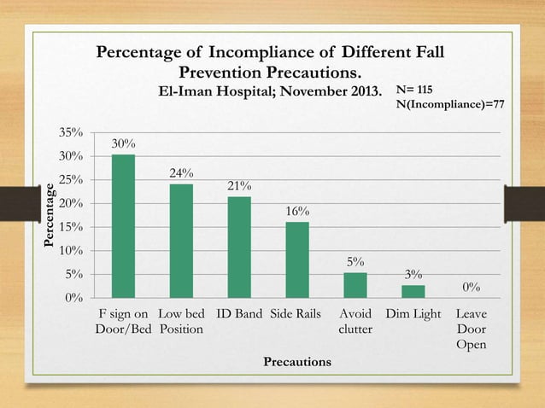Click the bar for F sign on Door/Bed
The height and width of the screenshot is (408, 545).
[123, 226]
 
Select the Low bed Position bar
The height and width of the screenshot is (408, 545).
[181, 241]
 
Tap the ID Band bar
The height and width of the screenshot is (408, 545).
[239, 248]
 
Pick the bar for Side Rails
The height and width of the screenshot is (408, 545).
[296, 259]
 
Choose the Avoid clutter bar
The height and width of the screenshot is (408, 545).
[355, 285]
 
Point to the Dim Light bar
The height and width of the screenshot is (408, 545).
[413, 291]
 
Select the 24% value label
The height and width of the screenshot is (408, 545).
[181, 173]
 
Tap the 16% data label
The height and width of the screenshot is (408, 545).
[297, 211]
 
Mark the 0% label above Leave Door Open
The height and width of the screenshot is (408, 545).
[471, 287]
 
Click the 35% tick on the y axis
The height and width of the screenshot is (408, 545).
[70, 133]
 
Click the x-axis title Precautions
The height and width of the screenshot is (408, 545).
[296, 362]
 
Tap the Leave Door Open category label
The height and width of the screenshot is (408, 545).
[471, 329]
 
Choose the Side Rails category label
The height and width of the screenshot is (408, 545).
[296, 314]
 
